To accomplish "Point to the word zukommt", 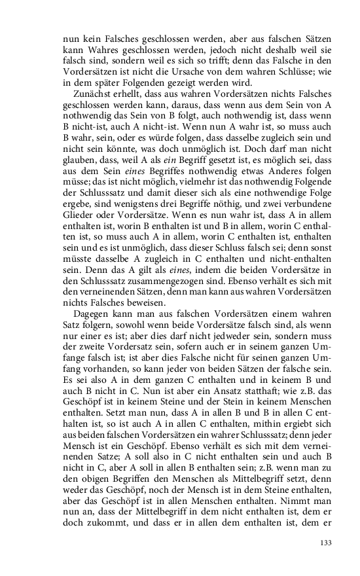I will (100, 525).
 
